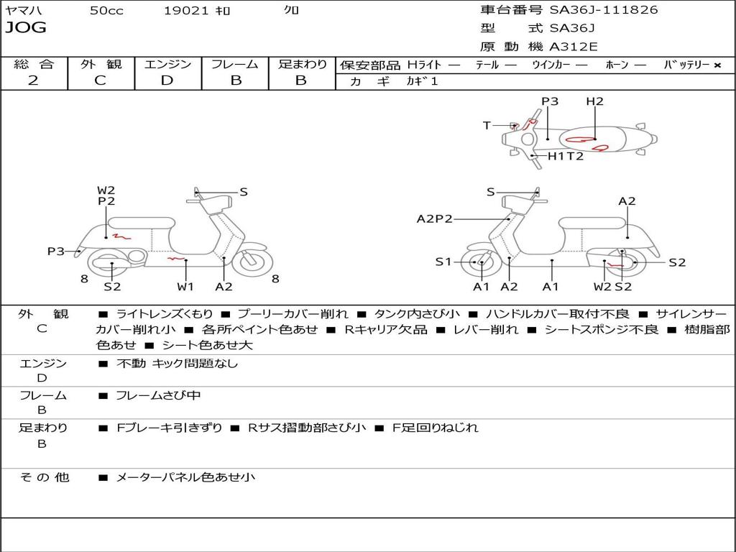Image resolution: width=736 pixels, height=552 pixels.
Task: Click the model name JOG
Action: coord(26,28)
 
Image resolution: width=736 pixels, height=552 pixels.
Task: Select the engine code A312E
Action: coord(573,47)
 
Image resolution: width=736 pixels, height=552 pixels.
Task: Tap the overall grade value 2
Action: coord(33,80)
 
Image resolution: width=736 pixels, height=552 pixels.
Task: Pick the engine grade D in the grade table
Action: coord(167,80)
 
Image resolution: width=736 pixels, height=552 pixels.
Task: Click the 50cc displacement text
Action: coord(106,10)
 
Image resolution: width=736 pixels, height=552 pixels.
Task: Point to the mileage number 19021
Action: coord(186,10)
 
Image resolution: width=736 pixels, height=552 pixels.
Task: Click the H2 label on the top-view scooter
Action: coord(594,101)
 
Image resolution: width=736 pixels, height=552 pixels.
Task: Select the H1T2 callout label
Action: coord(566,156)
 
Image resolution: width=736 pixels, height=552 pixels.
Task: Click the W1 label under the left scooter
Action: coord(186,287)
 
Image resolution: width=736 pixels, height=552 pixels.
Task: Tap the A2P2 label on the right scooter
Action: coord(435,218)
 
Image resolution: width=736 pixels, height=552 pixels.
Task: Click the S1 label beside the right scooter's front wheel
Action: coord(443,262)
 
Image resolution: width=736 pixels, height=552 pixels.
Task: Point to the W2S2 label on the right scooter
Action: coord(612,287)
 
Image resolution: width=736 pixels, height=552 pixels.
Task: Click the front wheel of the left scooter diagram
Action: coord(252,262)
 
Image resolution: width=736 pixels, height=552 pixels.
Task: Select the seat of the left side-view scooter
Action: coord(142,223)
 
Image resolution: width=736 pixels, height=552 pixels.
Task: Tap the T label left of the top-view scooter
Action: coord(487,126)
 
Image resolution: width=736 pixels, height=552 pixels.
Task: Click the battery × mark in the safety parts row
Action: coord(717,65)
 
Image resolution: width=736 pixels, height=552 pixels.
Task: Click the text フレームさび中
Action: coord(159,395)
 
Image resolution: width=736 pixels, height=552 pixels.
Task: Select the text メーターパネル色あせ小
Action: coord(185,477)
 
